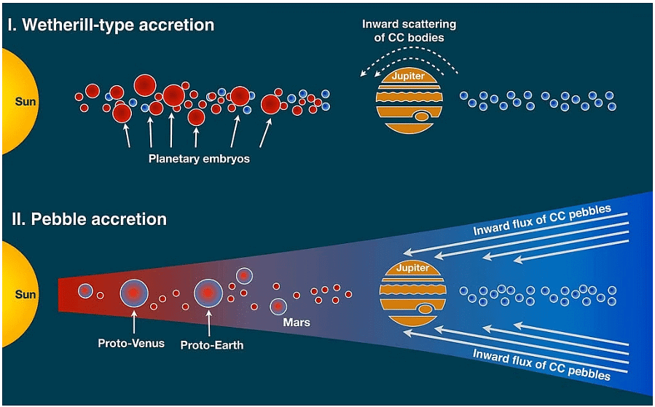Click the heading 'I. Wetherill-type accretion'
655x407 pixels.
(111, 25)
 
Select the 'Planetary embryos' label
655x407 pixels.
(199, 158)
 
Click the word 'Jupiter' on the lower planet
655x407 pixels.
(413, 269)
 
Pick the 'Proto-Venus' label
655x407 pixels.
(131, 343)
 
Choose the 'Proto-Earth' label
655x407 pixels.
(212, 345)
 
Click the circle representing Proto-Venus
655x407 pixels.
(134, 293)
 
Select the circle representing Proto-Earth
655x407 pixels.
(208, 293)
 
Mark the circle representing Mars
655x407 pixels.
(278, 307)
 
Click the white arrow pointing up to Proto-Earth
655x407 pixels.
(209, 323)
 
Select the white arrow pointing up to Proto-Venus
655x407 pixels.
(134, 323)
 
